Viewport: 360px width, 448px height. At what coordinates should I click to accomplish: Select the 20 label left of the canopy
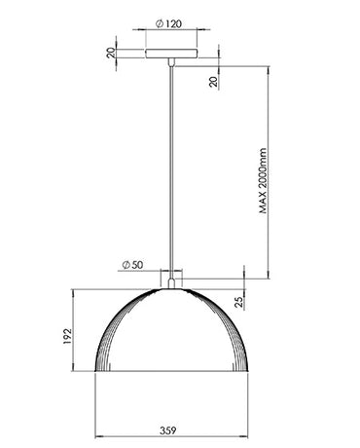pos(110,55)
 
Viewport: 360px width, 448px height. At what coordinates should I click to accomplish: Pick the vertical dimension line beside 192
pos(79,332)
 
